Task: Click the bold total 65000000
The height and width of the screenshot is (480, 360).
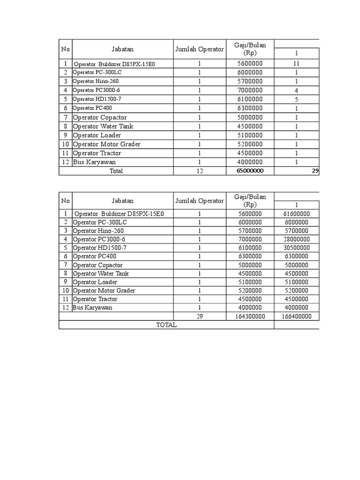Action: pyautogui.click(x=250, y=171)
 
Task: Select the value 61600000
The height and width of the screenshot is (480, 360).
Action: pyautogui.click(x=296, y=214)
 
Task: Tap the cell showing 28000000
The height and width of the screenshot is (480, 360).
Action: pyautogui.click(x=296, y=240)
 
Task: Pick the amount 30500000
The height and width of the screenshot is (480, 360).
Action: pyautogui.click(x=296, y=248)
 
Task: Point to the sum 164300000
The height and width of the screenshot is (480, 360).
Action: pyautogui.click(x=250, y=316)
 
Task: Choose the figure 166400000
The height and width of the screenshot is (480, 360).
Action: pyautogui.click(x=296, y=316)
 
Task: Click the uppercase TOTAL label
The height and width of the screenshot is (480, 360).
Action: pyautogui.click(x=166, y=325)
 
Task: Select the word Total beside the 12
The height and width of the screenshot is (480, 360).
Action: pyautogui.click(x=116, y=171)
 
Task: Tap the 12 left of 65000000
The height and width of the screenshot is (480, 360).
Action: pyautogui.click(x=200, y=171)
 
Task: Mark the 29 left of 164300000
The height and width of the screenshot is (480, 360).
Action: pyautogui.click(x=200, y=316)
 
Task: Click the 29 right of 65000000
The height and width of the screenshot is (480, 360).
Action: pyautogui.click(x=315, y=171)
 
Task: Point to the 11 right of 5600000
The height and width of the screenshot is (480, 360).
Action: pyautogui.click(x=296, y=64)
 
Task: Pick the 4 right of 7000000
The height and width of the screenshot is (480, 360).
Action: pyautogui.click(x=296, y=90)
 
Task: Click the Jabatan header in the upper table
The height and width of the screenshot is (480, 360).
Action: pyautogui.click(x=123, y=49)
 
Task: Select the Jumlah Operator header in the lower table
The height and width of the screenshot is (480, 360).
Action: pyautogui.click(x=200, y=201)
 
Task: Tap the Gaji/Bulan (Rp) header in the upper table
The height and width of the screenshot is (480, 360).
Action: pyautogui.click(x=250, y=49)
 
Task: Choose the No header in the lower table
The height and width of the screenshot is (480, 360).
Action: pyautogui.click(x=65, y=201)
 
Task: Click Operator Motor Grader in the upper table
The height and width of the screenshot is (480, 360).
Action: pyautogui.click(x=106, y=144)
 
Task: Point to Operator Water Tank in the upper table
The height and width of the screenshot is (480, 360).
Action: pyautogui.click(x=103, y=127)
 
